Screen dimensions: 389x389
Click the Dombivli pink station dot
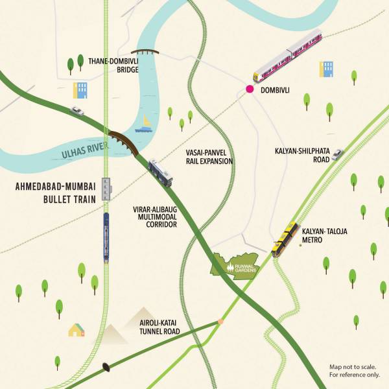pyautogui.click(x=249, y=89)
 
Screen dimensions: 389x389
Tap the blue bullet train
pyautogui.click(x=106, y=237)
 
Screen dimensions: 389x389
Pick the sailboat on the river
pyautogui.click(x=146, y=124)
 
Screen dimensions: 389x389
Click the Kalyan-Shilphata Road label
pyautogui.click(x=304, y=156)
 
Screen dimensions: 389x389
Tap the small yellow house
pyautogui.click(x=77, y=330)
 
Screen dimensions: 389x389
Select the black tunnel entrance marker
pyautogui.click(x=105, y=368)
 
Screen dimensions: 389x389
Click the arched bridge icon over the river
pyautogui.click(x=144, y=53)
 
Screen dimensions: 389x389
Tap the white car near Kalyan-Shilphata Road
pyautogui.click(x=336, y=154)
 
